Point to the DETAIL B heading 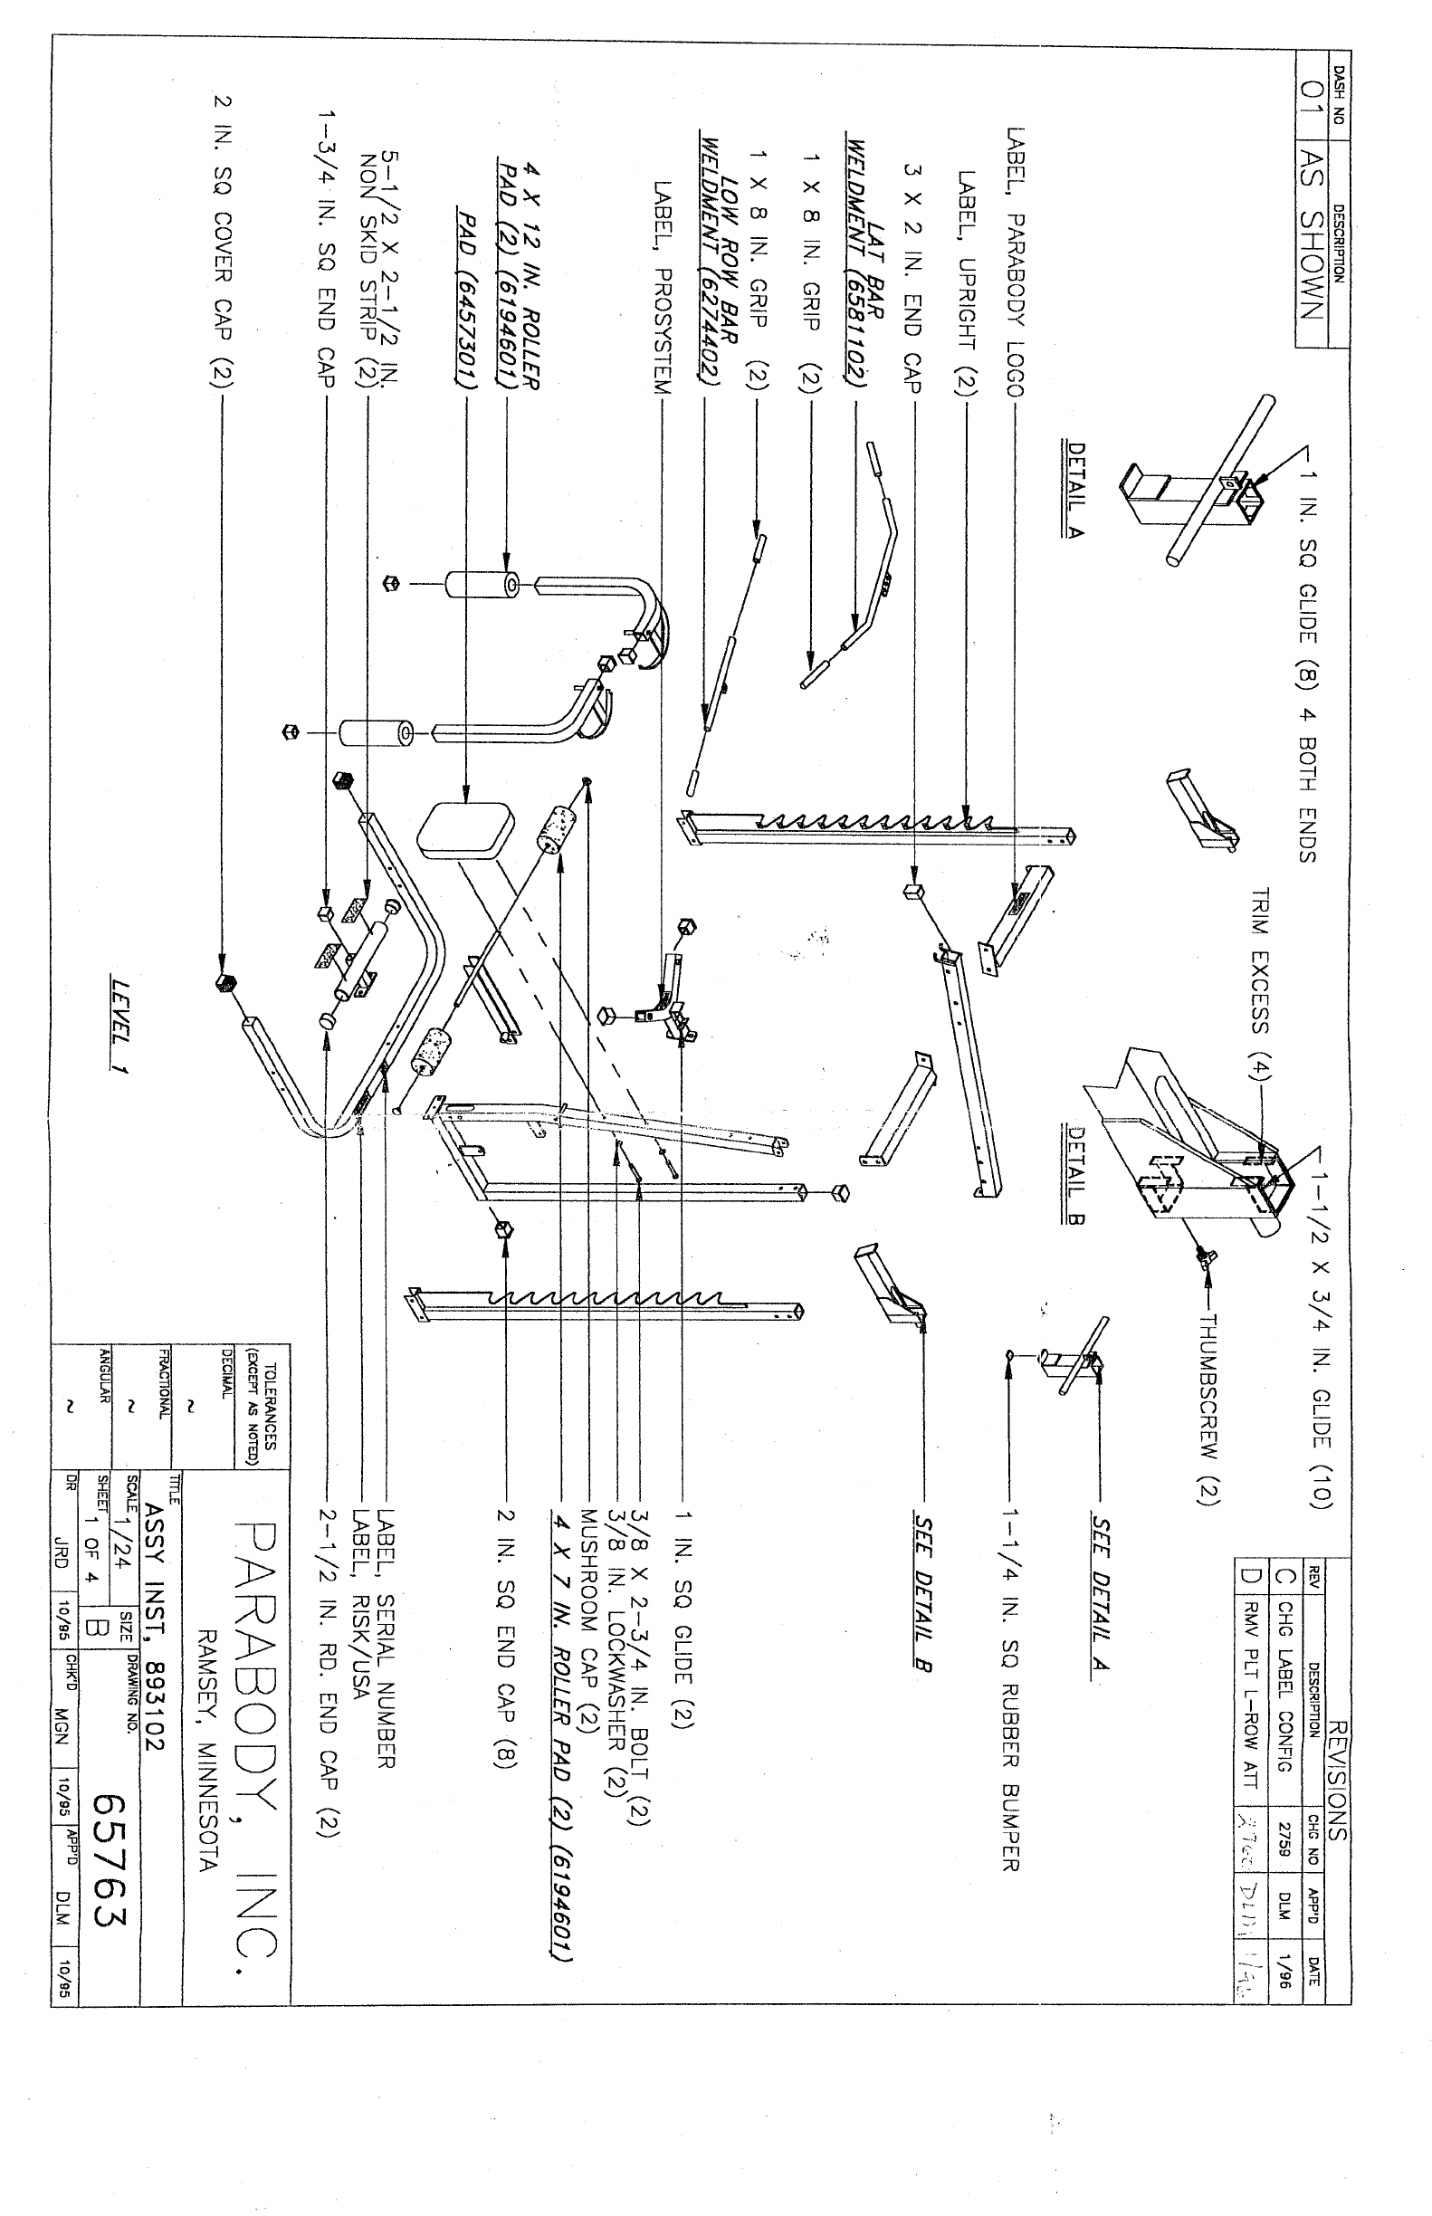(x=1077, y=1174)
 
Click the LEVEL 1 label (x=119, y=1026)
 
